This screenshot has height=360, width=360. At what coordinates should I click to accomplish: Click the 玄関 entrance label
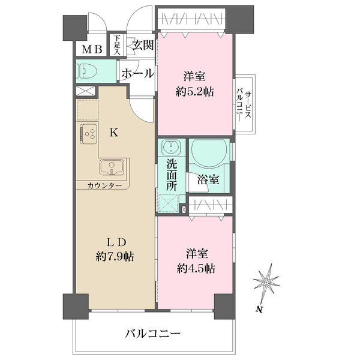pyautogui.click(x=143, y=46)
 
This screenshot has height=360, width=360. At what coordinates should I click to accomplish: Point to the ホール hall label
pyautogui.click(x=137, y=73)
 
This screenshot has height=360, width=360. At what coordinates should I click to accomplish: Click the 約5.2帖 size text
pyautogui.click(x=193, y=92)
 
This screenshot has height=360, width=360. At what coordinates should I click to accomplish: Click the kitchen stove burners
pyautogui.click(x=90, y=134)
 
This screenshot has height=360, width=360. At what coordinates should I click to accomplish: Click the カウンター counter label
pyautogui.click(x=104, y=185)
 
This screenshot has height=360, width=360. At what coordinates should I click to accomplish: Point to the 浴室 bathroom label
pyautogui.click(x=207, y=179)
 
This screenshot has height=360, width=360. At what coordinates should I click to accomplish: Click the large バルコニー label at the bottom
pyautogui.click(x=153, y=333)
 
